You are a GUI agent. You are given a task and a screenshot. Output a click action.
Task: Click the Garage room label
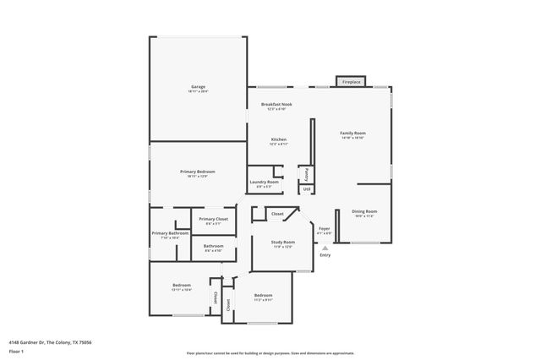198,87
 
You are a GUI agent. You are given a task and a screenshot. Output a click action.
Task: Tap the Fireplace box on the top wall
351,82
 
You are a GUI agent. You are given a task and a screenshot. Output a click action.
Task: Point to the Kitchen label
278,139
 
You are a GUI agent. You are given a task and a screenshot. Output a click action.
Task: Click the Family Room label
352,134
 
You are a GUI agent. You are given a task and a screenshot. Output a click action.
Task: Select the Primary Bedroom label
198,172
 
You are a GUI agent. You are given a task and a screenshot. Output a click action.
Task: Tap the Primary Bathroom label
170,233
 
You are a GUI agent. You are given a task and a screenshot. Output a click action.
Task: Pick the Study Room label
282,243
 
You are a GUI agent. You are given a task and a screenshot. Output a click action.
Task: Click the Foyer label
324,228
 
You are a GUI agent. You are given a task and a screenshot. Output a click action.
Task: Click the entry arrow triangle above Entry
325,248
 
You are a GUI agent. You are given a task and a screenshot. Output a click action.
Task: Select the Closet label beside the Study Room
277,215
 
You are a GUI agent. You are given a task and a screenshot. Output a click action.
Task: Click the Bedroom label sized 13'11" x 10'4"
182,286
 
